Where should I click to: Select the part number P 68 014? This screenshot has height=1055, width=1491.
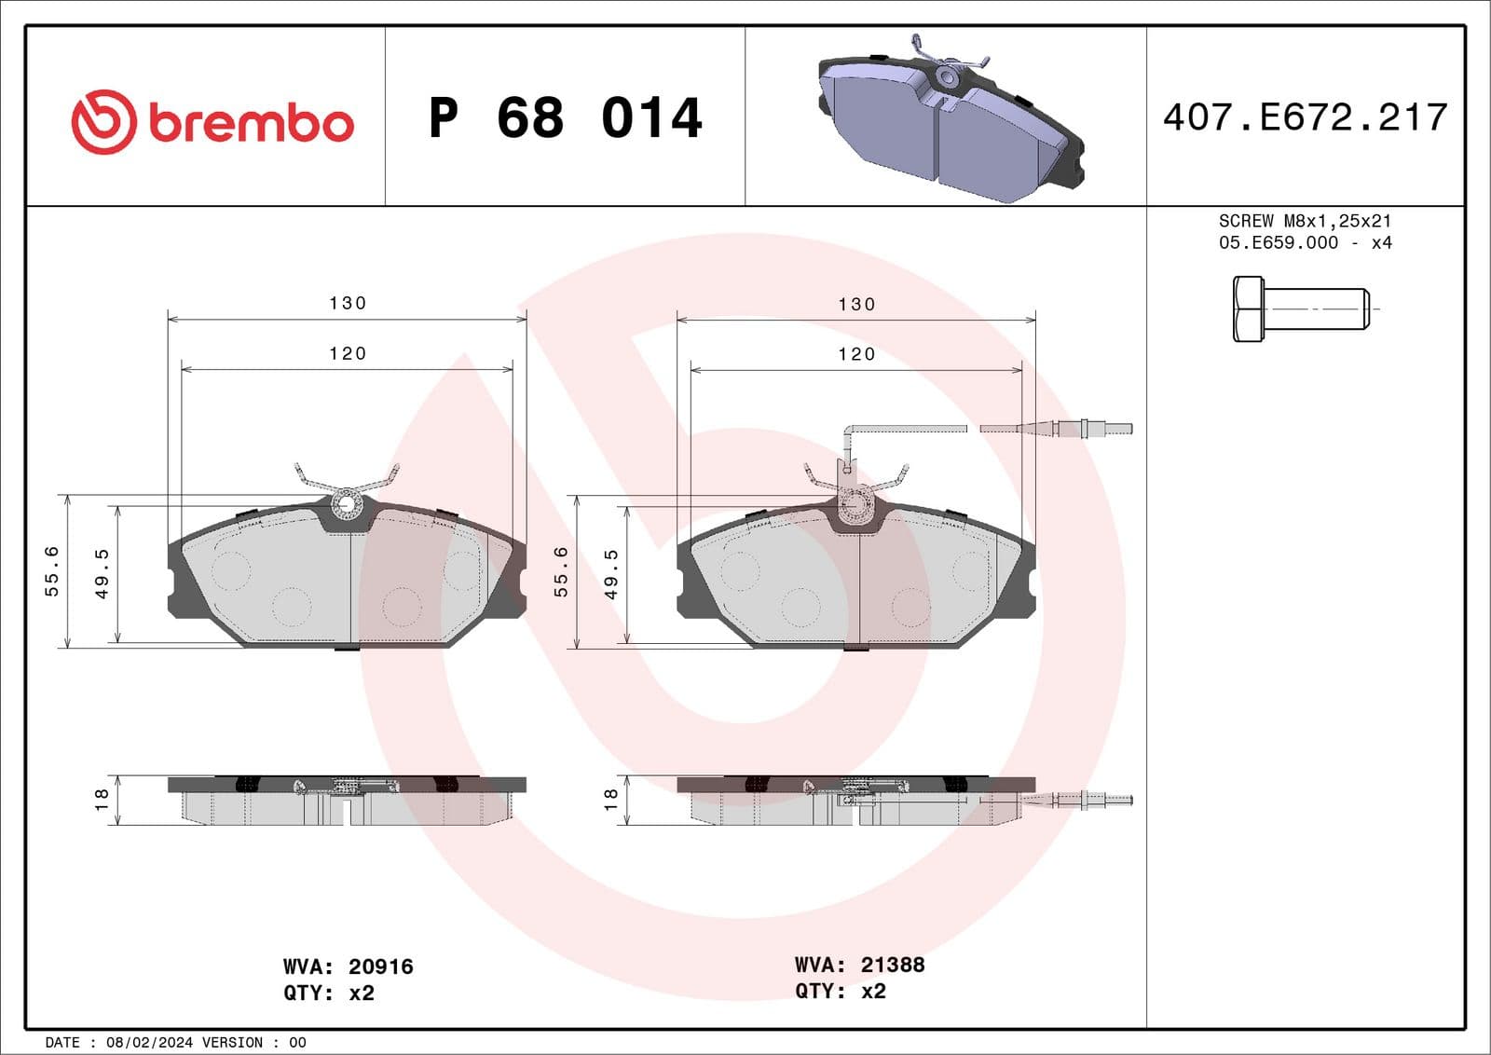565,118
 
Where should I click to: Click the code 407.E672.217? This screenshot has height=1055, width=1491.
1305,117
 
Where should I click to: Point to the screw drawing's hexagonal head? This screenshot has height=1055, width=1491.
1248,308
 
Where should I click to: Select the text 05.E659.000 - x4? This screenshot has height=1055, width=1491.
1305,242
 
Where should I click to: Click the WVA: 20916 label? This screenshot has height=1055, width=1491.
348,966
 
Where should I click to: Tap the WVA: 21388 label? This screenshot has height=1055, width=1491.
859,965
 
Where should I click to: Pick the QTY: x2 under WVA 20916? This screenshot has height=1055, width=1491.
328,993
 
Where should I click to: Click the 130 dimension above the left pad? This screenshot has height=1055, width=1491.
348,303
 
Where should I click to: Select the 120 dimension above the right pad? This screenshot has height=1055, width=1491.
856,354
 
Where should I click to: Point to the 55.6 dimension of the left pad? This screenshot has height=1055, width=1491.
52,570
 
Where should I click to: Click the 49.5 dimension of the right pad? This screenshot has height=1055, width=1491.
611,573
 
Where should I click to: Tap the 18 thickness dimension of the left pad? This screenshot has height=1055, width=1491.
102,799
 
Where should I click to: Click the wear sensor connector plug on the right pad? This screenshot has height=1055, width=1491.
1081,429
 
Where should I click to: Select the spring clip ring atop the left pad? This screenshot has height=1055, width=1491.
348,504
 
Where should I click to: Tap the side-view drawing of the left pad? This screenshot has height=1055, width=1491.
347,801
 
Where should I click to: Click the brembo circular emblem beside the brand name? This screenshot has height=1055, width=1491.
104,122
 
